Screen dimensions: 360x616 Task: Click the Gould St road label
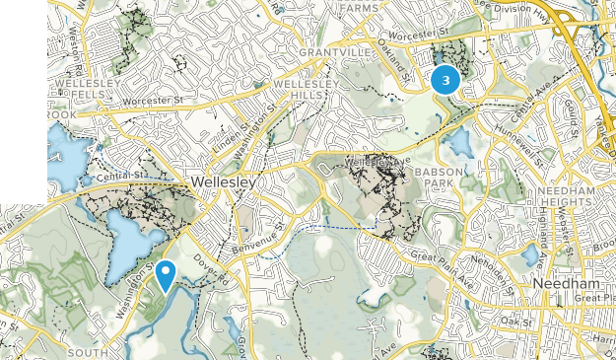pyautogui.click(x=571, y=119)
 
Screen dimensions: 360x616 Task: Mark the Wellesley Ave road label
pyautogui.click(x=376, y=159)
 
